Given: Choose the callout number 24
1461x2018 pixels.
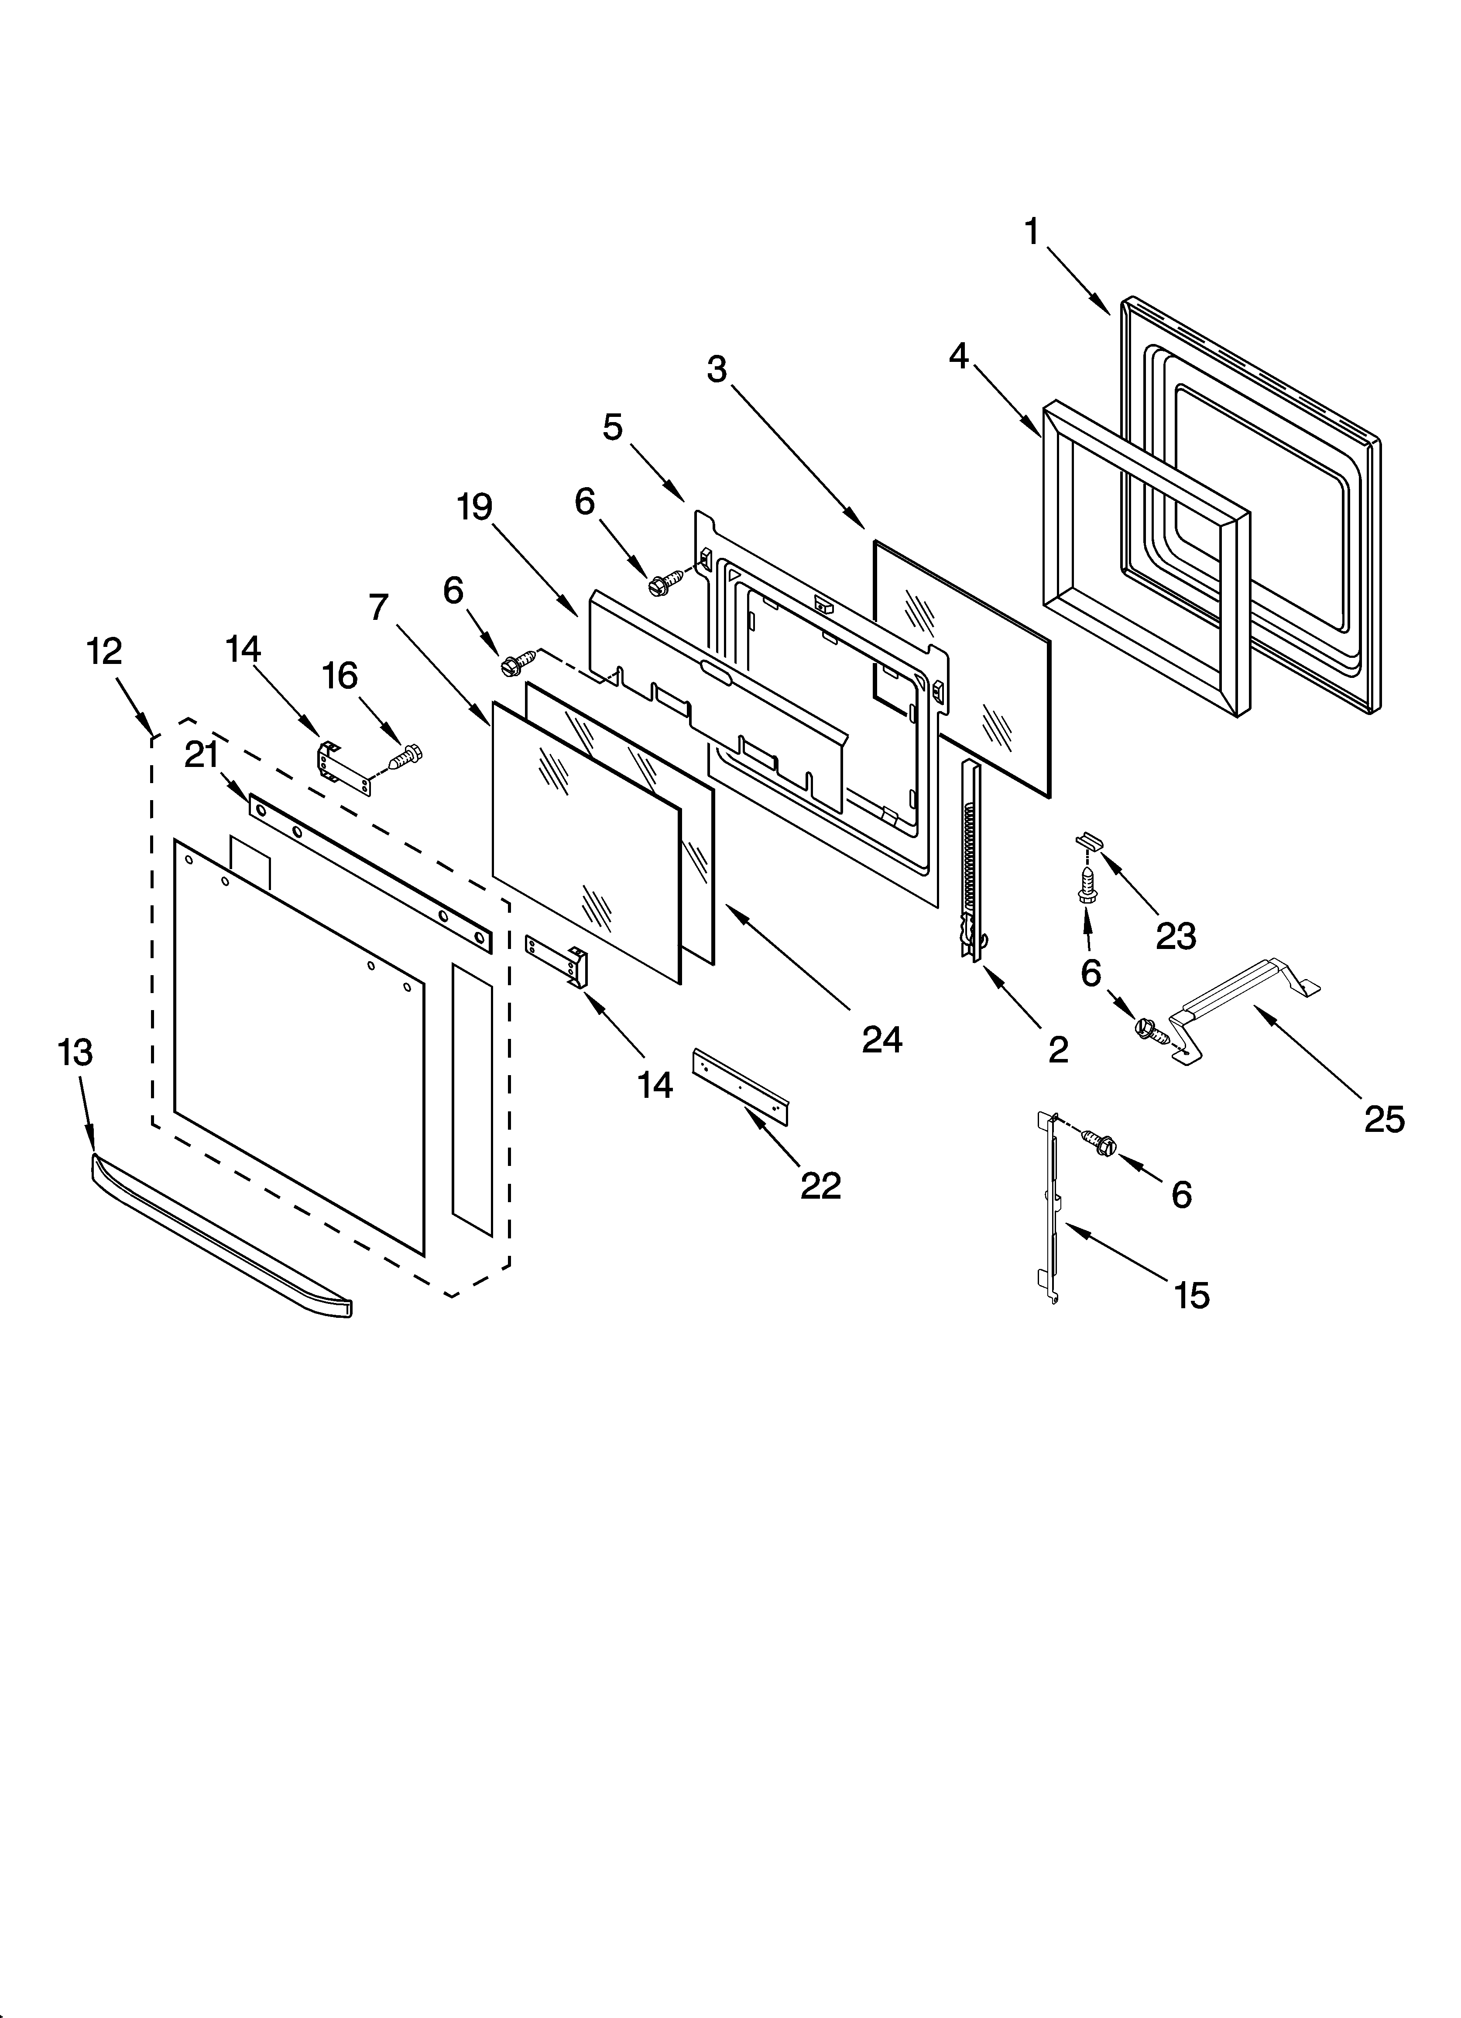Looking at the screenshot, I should [x=882, y=1038].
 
